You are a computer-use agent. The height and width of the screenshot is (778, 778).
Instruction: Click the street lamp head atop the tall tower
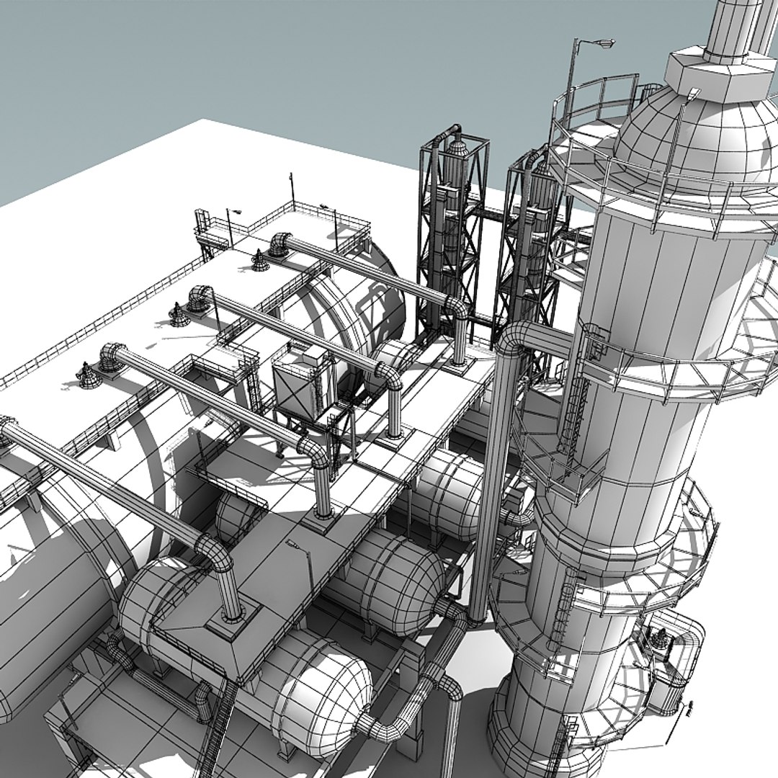pos(602,45)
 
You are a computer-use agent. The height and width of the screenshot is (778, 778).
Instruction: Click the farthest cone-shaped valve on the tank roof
pos(259,261)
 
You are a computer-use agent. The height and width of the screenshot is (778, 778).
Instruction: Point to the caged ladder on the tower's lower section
pos(562,612)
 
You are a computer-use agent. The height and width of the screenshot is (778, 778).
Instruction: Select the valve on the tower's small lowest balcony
pos(659,638)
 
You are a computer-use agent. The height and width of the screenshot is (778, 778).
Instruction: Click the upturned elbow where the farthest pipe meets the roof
pos(280,243)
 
